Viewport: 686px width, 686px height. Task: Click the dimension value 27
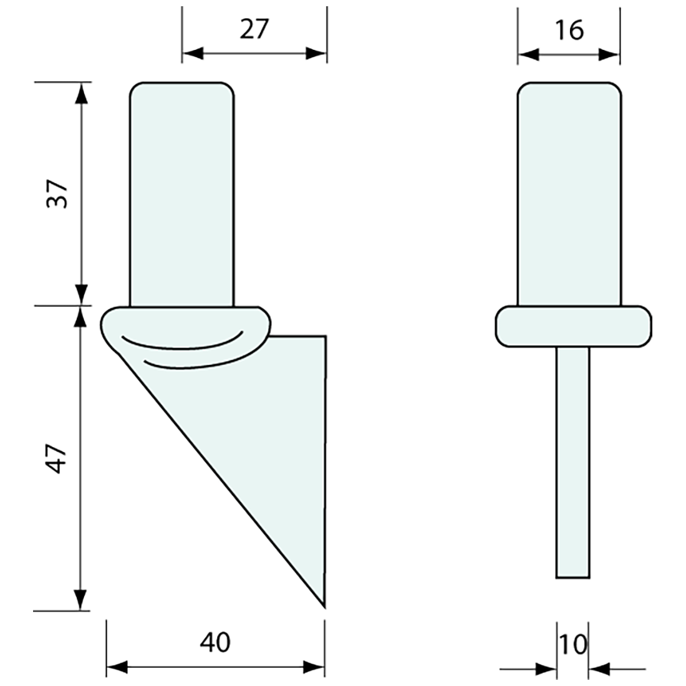[254, 29]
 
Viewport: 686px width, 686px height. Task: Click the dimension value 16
[569, 29]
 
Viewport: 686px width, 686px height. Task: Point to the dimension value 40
[216, 642]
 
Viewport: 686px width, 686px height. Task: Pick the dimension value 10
[572, 644]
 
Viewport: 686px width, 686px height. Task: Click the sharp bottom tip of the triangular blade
[324, 604]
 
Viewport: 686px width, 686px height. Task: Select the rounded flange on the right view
[572, 326]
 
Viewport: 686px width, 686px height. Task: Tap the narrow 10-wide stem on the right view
[572, 461]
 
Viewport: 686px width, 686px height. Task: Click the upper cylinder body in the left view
[181, 193]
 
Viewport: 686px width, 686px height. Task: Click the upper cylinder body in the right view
[569, 193]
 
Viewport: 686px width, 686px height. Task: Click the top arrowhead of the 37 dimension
[80, 92]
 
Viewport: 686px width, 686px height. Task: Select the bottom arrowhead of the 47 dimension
[80, 600]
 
